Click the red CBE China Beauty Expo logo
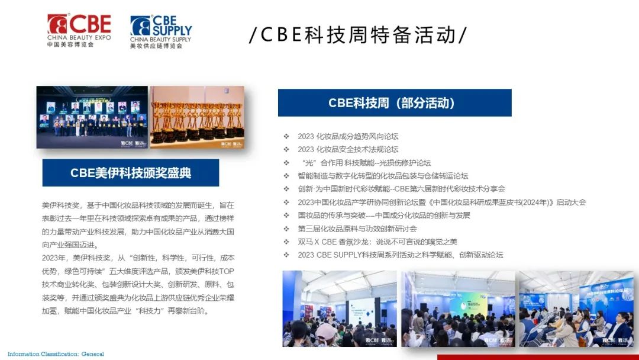79,30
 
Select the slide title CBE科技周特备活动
358,35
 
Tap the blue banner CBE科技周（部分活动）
395,103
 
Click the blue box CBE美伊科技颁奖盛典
131,173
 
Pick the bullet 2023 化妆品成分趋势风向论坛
348,136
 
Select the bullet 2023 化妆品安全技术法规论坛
348,149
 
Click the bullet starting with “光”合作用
364,163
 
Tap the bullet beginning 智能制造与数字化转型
383,176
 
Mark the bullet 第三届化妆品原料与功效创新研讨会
357,229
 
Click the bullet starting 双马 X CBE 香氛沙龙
377,242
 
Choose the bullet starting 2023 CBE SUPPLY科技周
401,255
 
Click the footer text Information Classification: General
56,353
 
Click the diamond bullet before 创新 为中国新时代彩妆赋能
287,189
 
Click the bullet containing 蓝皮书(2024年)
442,202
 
